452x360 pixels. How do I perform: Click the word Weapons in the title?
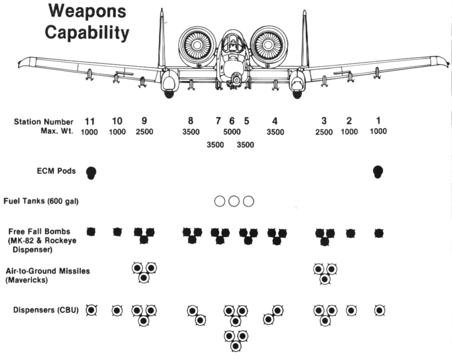pos(87,11)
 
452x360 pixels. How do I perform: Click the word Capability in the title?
pos(87,33)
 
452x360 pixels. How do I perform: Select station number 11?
pos(90,121)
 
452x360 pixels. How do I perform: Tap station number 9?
pos(144,121)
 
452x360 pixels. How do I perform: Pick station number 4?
pos(275,121)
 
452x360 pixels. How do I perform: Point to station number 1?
pos(378,121)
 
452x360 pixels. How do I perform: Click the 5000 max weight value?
pos(232,132)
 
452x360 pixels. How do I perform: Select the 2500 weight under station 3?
pos(324,132)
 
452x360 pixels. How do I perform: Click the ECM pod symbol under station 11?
pos(91,173)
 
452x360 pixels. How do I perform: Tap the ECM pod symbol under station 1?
pos(378,172)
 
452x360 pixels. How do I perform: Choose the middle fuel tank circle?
pos(234,201)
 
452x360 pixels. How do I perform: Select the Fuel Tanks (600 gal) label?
pos(41,201)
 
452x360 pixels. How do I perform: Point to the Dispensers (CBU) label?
pos(46,311)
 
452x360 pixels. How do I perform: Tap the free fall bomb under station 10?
pos(117,232)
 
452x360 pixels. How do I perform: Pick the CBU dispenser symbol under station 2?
pos(351,311)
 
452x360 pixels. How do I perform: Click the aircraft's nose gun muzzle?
pos(236,80)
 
